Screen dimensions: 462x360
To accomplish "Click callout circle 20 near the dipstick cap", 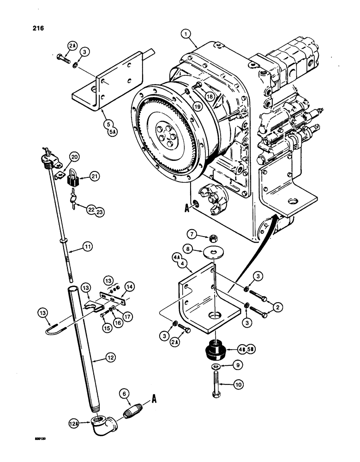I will (x=75, y=157).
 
